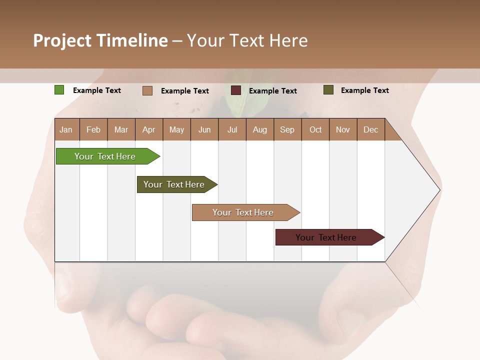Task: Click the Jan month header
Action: click(x=66, y=129)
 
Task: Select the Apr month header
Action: click(x=149, y=129)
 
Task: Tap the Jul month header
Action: click(x=232, y=129)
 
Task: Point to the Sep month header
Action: click(x=287, y=129)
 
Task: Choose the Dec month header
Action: click(x=371, y=129)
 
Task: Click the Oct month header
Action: click(x=315, y=129)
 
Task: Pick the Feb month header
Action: click(x=93, y=129)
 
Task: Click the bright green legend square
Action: click(x=59, y=90)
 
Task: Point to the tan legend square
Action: click(x=147, y=90)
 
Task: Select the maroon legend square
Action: click(x=236, y=90)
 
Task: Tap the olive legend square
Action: click(x=328, y=90)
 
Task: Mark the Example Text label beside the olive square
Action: click(x=364, y=90)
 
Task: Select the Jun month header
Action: click(x=204, y=129)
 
